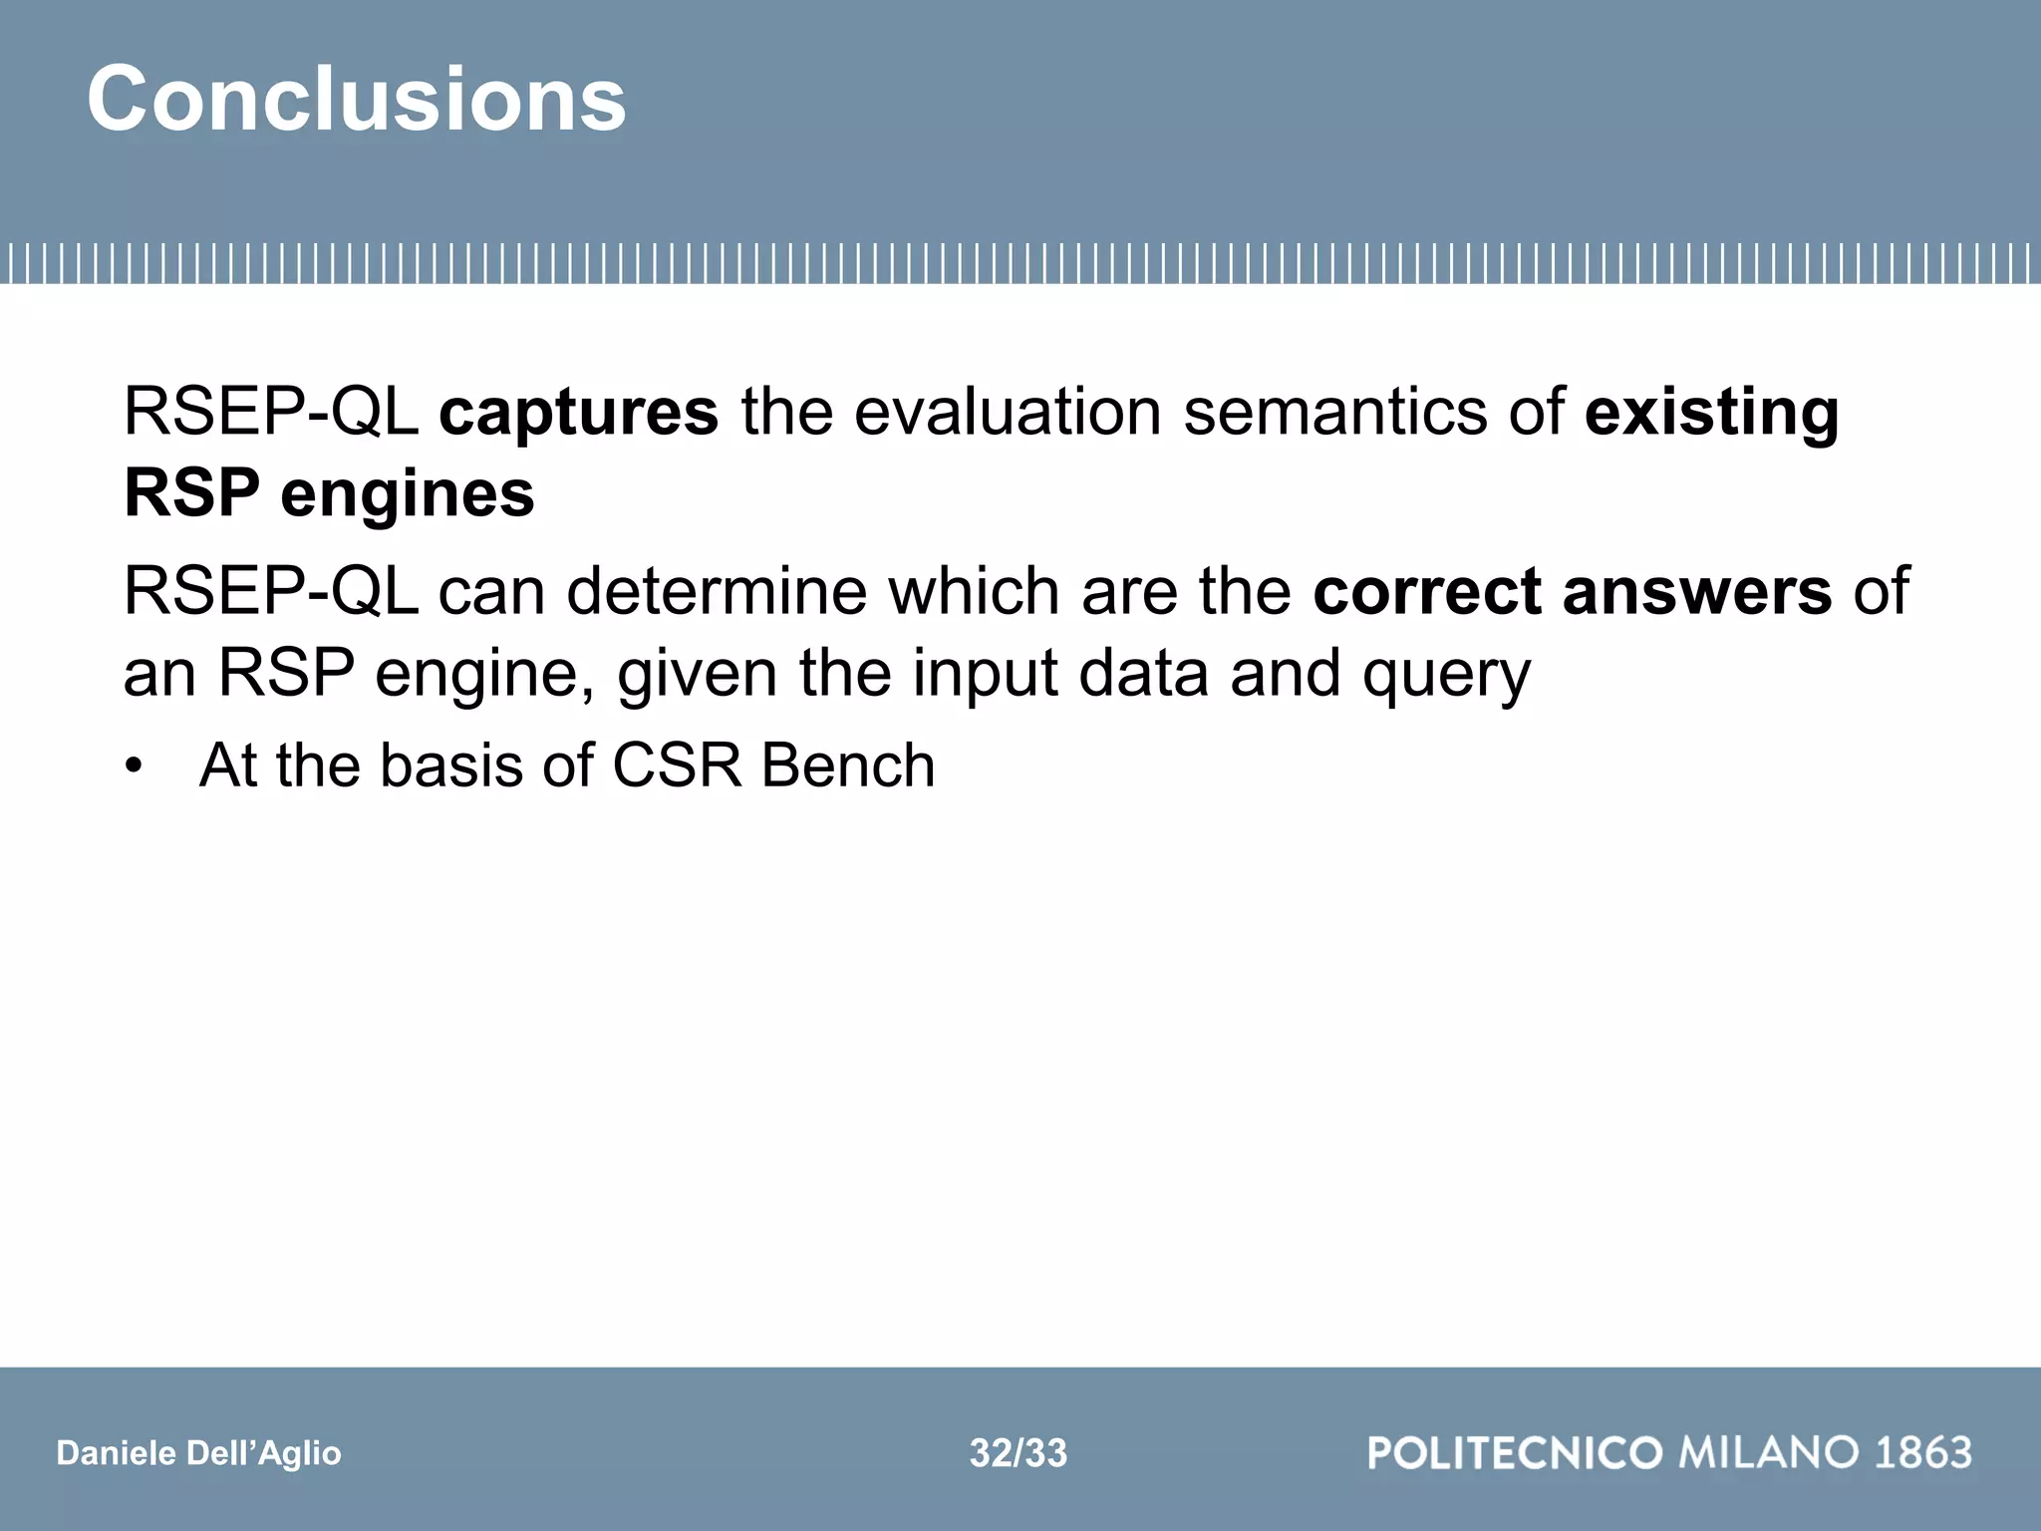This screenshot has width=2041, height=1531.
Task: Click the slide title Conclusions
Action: [356, 99]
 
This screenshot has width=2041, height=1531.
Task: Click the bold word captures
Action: [578, 412]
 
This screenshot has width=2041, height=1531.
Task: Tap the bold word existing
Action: [1711, 412]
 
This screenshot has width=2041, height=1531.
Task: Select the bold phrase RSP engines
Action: [329, 493]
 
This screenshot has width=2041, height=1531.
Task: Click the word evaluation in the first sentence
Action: [1008, 412]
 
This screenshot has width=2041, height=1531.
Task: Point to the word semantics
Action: [1334, 412]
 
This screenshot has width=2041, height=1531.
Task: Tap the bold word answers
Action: [1697, 591]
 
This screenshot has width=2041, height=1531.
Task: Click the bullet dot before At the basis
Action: [134, 767]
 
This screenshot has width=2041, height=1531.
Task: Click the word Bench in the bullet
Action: [847, 765]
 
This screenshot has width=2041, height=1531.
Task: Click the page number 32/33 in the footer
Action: [1018, 1453]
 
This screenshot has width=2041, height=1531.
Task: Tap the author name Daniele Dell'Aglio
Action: [198, 1453]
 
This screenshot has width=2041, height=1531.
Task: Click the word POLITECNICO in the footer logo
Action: [1515, 1452]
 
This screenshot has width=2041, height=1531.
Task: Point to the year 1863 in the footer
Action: [1922, 1452]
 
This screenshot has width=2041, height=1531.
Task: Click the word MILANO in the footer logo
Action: [1769, 1452]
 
